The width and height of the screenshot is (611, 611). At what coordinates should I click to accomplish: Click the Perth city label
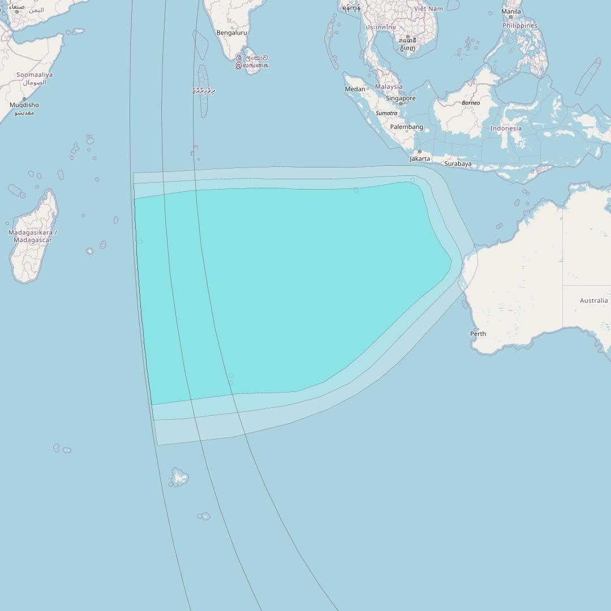click(478, 334)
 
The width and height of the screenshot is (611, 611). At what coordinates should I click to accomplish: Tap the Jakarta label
click(420, 159)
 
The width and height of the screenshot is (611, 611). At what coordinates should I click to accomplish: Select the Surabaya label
click(458, 164)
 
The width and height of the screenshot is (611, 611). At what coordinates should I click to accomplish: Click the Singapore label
click(401, 98)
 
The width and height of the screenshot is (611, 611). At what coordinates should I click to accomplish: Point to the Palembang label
click(406, 127)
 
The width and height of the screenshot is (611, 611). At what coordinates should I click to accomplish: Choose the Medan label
click(355, 89)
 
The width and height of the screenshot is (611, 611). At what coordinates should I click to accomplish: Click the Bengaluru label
click(232, 33)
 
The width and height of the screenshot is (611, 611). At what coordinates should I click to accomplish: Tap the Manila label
click(511, 11)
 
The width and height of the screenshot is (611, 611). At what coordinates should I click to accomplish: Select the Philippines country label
click(520, 25)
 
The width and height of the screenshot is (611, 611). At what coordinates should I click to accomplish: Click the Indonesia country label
click(506, 128)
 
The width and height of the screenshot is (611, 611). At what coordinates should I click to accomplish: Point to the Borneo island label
click(471, 103)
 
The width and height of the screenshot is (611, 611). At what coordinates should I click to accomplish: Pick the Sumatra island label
click(386, 113)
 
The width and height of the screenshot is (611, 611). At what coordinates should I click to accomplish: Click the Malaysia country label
click(389, 87)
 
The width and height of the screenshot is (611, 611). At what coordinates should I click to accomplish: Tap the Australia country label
click(594, 300)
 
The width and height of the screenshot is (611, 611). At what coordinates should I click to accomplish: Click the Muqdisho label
click(24, 105)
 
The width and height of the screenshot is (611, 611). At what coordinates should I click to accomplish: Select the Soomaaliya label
click(35, 75)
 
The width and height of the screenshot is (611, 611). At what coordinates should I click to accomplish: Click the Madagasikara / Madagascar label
click(33, 236)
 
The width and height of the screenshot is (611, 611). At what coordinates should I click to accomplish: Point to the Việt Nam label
click(428, 9)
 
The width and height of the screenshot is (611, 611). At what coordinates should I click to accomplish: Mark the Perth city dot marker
click(478, 329)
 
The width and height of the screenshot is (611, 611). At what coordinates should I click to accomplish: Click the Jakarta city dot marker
click(419, 152)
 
